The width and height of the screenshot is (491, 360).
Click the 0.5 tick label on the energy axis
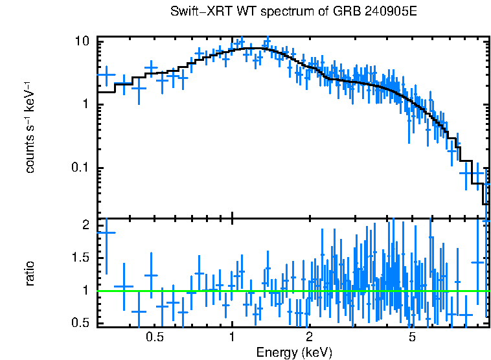click(x=154, y=337)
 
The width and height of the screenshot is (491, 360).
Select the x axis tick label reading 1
click(x=232, y=337)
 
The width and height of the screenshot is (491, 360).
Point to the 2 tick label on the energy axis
click(x=309, y=337)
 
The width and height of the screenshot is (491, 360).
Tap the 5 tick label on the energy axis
click(x=412, y=337)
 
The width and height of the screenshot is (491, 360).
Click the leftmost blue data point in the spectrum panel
click(x=106, y=74)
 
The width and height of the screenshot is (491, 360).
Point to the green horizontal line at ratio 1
click(x=291, y=291)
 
